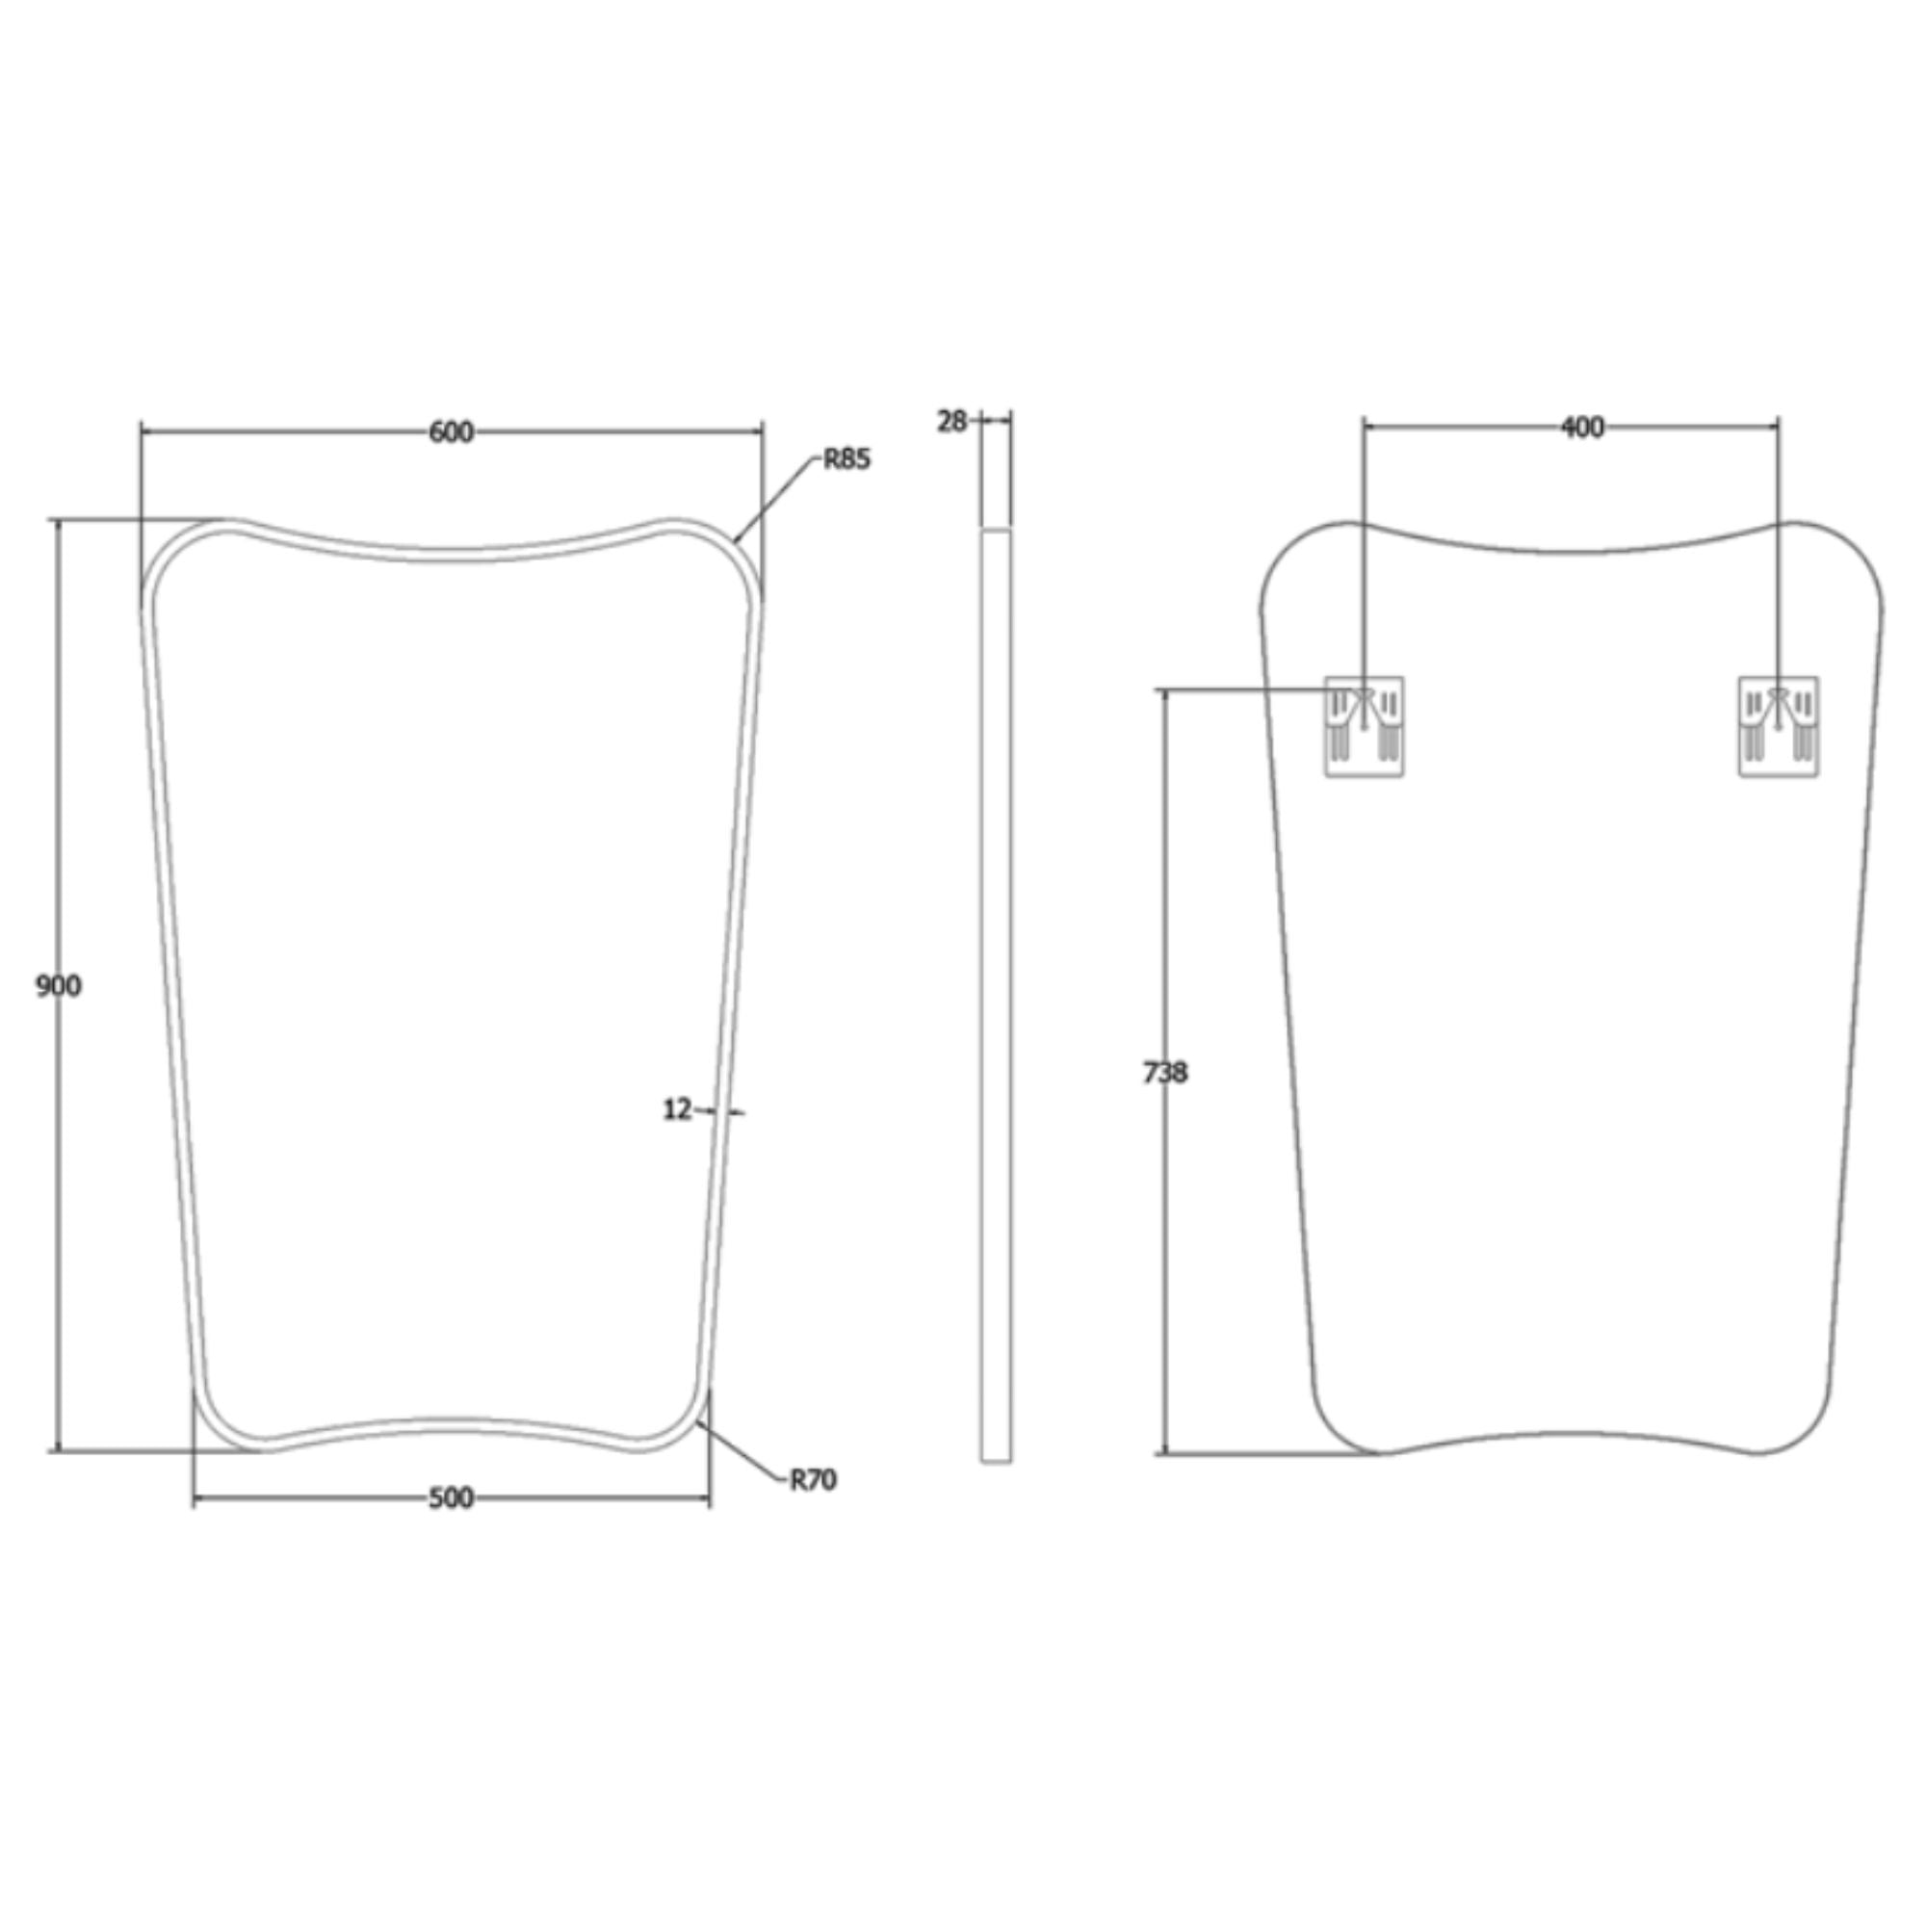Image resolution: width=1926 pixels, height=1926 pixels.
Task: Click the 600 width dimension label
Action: click(451, 432)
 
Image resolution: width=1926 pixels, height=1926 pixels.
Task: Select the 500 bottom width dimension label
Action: click(451, 1498)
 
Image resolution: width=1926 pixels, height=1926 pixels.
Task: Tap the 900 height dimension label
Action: click(58, 986)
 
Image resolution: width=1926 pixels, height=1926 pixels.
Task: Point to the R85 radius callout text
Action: click(846, 459)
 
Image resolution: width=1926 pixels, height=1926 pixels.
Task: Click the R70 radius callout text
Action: click(813, 1480)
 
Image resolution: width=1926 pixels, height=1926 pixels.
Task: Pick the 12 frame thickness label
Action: click(677, 1109)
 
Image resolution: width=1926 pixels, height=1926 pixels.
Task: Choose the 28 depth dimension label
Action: click(951, 422)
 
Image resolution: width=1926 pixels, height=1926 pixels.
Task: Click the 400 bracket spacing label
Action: click(1582, 428)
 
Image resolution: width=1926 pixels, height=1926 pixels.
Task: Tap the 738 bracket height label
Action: click(1164, 1074)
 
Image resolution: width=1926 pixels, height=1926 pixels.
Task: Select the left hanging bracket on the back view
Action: click(1364, 727)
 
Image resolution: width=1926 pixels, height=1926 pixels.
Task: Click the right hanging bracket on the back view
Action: click(1779, 727)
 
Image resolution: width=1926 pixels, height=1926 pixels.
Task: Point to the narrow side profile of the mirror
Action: click(996, 997)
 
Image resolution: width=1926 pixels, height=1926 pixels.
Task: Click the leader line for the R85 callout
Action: click(777, 500)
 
